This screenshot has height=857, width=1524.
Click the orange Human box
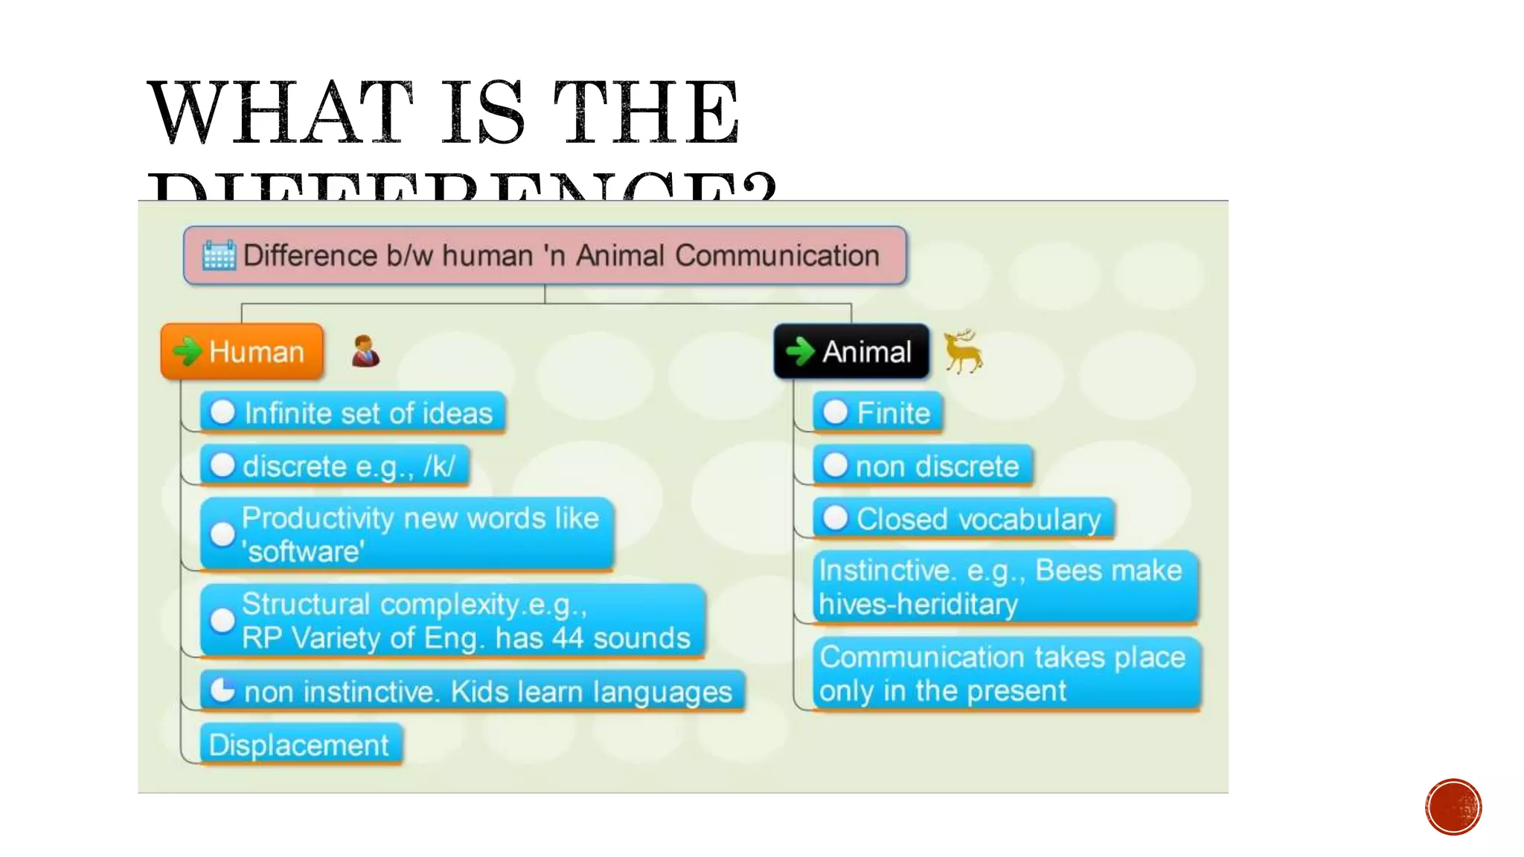(x=243, y=351)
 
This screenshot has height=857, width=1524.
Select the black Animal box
(x=851, y=351)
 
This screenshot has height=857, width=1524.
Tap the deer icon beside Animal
(x=963, y=351)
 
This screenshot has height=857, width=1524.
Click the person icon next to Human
(x=365, y=351)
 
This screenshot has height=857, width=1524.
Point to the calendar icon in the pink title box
(x=219, y=255)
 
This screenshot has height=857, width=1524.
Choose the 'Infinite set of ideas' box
(x=353, y=413)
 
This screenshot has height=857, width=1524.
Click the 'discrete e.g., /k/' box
(x=335, y=466)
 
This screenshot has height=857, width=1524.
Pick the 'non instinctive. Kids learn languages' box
(x=473, y=692)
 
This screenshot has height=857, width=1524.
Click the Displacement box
(x=301, y=745)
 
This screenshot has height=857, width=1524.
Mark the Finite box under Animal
(x=878, y=413)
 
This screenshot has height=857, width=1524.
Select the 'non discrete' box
(x=923, y=466)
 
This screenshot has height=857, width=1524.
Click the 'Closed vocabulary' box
(x=964, y=519)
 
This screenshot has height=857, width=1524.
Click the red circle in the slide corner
(x=1453, y=807)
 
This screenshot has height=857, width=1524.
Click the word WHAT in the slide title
(x=280, y=113)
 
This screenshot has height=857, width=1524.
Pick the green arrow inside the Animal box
(x=800, y=351)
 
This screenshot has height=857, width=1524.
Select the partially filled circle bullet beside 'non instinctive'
(x=222, y=690)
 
